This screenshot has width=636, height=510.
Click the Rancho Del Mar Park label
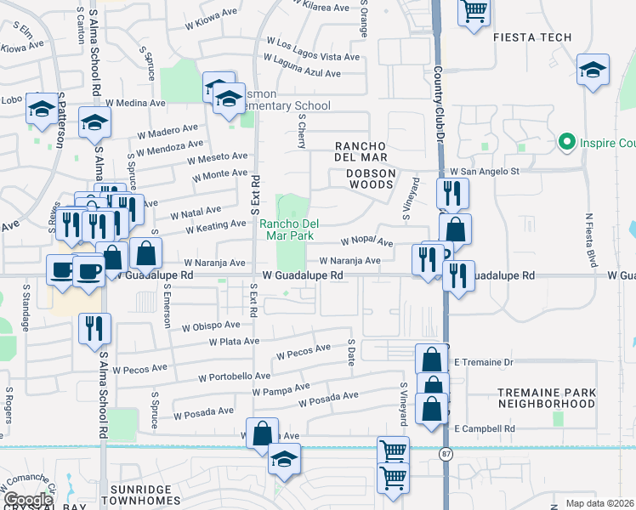click(x=289, y=230)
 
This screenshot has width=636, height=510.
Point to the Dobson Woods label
click(x=371, y=173)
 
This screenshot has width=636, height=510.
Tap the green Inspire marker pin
click(x=565, y=141)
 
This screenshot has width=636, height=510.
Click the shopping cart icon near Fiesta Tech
click(x=474, y=12)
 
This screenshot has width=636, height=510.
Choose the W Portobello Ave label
click(x=234, y=376)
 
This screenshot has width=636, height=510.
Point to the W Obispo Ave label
click(x=210, y=326)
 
